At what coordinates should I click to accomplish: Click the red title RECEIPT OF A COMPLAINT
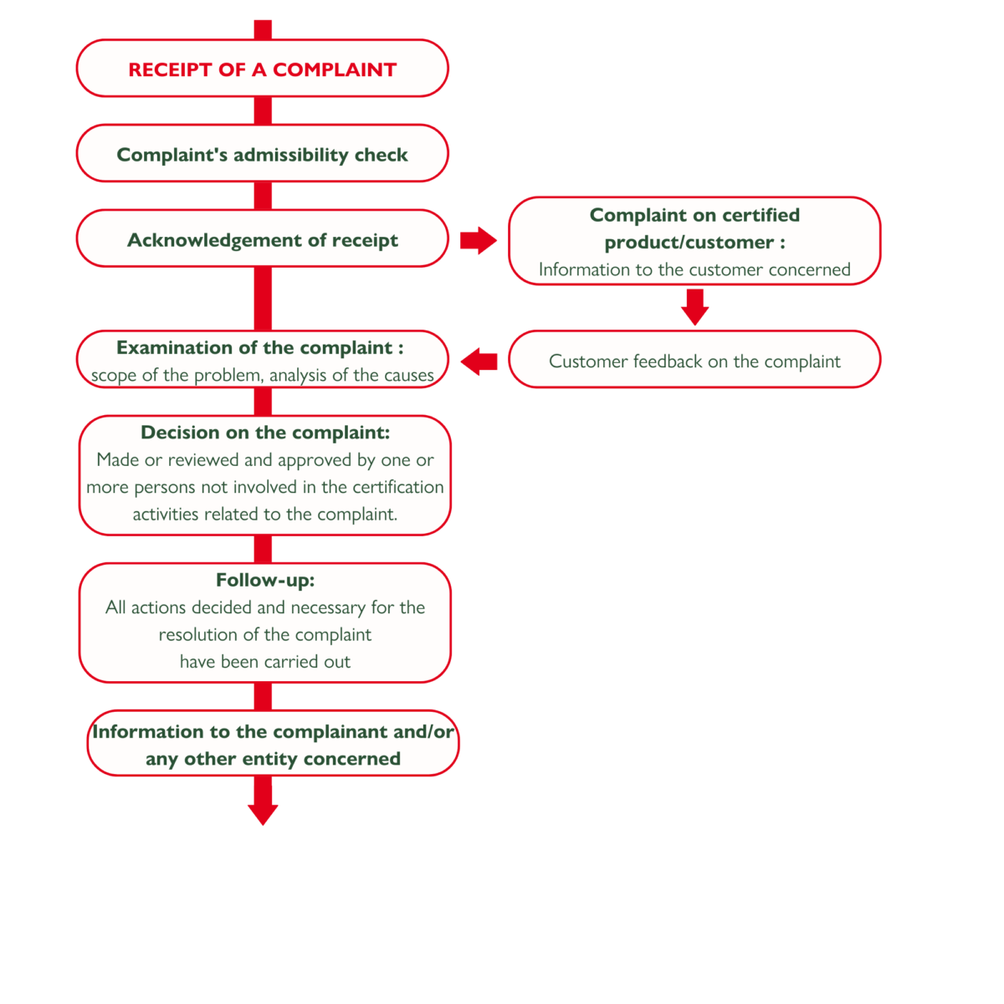click(x=262, y=69)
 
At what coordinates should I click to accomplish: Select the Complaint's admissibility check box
click(x=262, y=152)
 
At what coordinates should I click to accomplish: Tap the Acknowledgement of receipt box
click(x=262, y=238)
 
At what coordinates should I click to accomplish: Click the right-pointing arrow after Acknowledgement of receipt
click(x=479, y=240)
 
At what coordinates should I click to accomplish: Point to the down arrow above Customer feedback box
click(x=694, y=307)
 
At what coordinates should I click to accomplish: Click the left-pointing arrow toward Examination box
click(x=479, y=361)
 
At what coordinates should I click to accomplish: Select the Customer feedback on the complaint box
click(x=694, y=359)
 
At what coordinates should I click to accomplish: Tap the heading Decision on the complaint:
click(x=265, y=432)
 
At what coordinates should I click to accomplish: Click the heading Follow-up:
click(x=265, y=579)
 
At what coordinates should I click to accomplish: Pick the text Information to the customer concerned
click(x=694, y=269)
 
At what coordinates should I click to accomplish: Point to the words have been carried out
click(x=265, y=661)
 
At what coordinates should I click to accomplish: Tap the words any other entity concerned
click(x=273, y=759)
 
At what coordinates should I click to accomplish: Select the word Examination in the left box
click(x=175, y=347)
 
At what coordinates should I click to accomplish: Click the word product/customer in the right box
click(x=689, y=243)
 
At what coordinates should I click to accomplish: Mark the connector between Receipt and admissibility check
click(x=263, y=110)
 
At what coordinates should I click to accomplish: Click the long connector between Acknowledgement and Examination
click(x=263, y=299)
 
